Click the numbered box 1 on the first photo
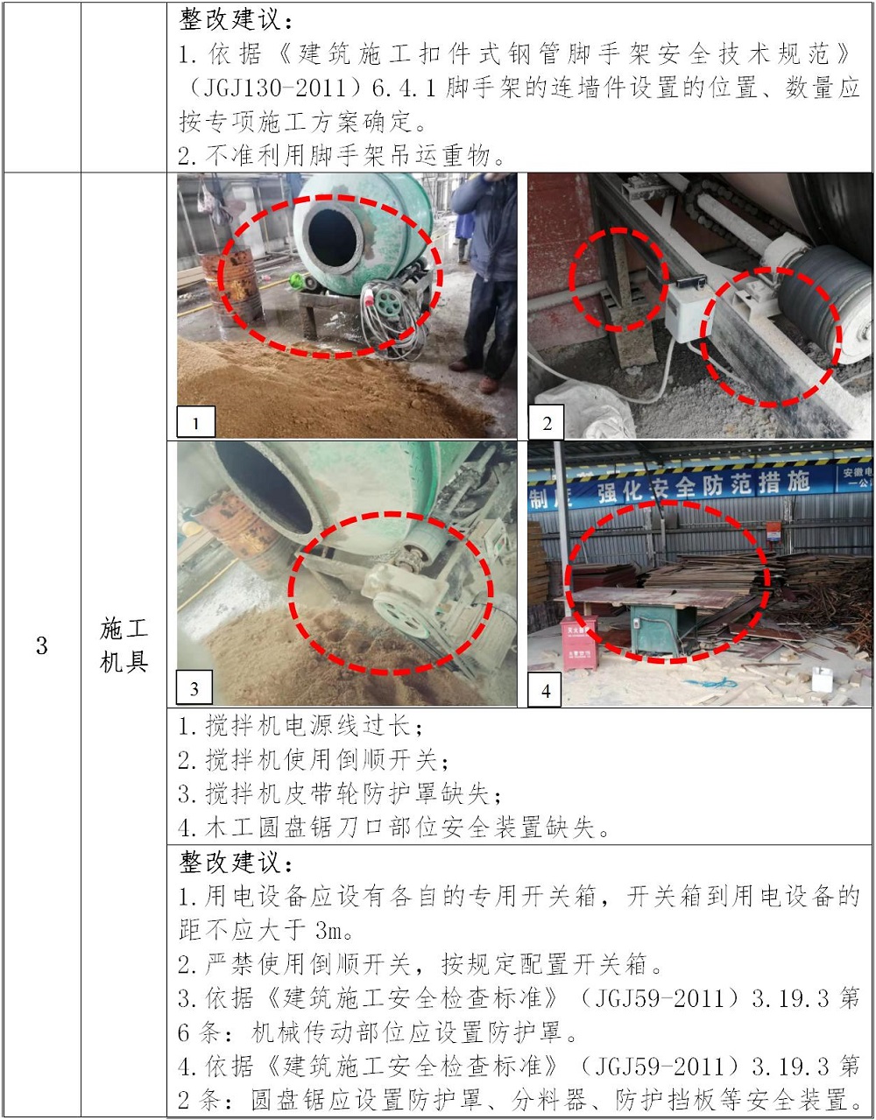[195, 422]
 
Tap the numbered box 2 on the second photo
[546, 422]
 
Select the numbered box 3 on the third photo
[194, 687]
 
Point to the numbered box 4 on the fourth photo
[545, 690]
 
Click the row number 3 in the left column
[42, 645]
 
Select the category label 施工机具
[124, 645]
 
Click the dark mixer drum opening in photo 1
[333, 237]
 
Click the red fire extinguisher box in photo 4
[579, 642]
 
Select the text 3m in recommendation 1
[328, 930]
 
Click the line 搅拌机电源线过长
[300, 726]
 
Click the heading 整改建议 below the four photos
[236, 862]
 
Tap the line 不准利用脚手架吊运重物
[341, 155]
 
